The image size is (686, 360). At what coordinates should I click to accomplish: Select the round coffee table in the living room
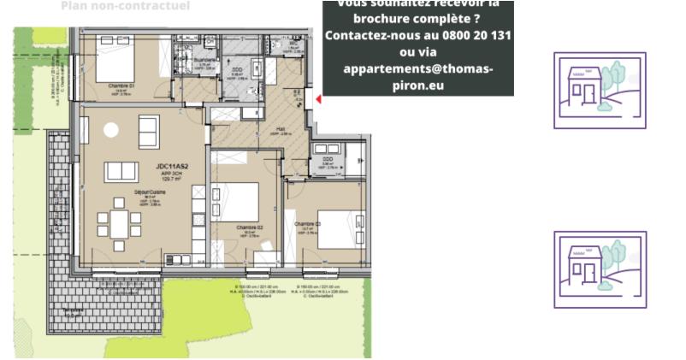[111, 130]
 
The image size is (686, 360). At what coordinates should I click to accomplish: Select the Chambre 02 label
[250, 227]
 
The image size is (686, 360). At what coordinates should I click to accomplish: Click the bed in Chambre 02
[244, 202]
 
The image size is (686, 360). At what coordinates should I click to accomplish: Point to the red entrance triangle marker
[318, 99]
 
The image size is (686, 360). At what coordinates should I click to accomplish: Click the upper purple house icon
[600, 90]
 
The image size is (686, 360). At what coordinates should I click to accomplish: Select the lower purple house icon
[600, 269]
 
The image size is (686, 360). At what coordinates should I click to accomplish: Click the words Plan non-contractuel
[126, 6]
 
